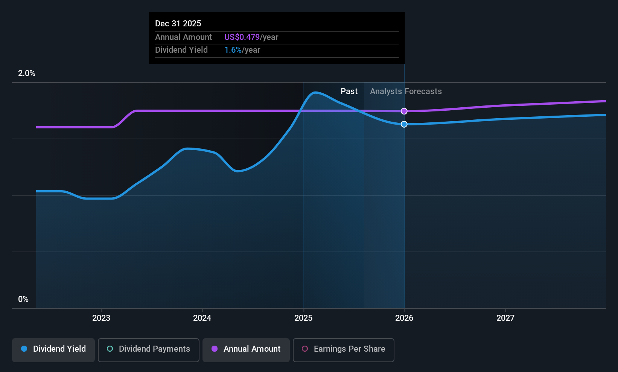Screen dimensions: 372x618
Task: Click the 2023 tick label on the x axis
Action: (x=101, y=318)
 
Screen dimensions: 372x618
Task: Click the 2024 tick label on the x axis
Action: (x=202, y=318)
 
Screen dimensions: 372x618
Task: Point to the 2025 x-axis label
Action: (x=303, y=318)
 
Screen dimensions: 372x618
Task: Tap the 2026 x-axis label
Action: (x=404, y=318)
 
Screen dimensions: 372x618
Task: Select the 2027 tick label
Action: (x=505, y=318)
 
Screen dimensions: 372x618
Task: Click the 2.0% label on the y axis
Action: (x=26, y=73)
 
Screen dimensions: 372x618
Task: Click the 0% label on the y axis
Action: (x=23, y=299)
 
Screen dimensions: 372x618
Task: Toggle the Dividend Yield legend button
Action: (x=53, y=349)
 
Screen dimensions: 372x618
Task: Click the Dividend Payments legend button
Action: (x=148, y=349)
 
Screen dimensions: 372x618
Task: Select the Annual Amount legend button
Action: (x=246, y=349)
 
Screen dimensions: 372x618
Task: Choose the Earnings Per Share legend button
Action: (x=343, y=349)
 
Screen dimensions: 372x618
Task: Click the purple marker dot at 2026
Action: (x=404, y=111)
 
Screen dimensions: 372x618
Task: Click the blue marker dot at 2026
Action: (x=404, y=124)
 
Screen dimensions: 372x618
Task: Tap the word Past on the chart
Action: (x=349, y=91)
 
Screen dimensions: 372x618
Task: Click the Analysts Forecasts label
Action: (x=406, y=91)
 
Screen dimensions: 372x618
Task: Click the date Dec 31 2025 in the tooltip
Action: (x=178, y=23)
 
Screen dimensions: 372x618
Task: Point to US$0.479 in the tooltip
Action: (x=242, y=37)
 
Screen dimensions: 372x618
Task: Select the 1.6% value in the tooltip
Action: (x=233, y=50)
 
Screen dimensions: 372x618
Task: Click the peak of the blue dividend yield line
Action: (x=315, y=92)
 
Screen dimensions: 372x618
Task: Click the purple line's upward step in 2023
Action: (x=125, y=119)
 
